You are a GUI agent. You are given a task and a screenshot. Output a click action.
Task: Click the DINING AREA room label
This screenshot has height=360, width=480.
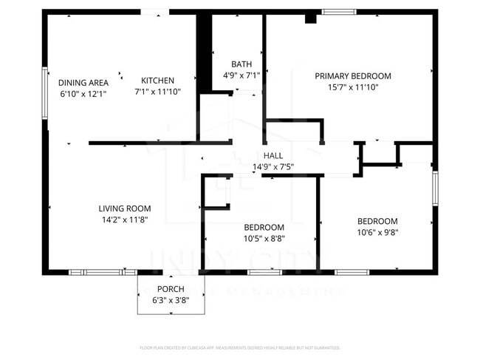[x=83, y=82]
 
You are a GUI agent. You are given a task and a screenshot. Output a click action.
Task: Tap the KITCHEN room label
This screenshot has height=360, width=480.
[x=157, y=81]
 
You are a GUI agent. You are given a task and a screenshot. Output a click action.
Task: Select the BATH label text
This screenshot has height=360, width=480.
[x=241, y=64]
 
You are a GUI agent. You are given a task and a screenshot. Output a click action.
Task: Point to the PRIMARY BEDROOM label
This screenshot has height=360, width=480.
[x=353, y=75]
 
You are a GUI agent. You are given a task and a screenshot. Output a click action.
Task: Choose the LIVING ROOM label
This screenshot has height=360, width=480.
[x=125, y=208]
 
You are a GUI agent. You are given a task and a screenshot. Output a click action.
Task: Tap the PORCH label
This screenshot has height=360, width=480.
[x=171, y=289]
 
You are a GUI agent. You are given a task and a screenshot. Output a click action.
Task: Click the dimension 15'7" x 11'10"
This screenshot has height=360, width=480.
[x=353, y=87]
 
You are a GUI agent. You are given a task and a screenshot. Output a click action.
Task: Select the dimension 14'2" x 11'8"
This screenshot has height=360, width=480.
[x=125, y=220]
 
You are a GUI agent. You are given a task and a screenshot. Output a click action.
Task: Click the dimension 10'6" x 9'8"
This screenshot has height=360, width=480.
[x=377, y=232]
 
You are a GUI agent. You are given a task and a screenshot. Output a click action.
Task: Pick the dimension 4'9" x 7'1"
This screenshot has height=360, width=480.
[x=241, y=75]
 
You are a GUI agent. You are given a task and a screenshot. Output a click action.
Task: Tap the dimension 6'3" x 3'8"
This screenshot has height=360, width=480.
[x=171, y=300]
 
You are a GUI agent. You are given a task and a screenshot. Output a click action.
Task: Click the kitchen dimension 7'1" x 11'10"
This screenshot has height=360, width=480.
[x=157, y=92]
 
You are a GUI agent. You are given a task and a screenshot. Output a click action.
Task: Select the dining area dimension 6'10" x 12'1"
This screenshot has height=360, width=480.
[x=83, y=94]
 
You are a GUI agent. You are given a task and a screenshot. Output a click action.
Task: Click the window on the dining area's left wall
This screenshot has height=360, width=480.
[x=45, y=92]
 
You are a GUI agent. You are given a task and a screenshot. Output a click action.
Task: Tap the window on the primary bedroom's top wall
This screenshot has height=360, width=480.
[x=338, y=11]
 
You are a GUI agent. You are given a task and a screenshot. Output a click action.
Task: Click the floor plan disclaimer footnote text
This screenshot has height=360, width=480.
[x=240, y=347]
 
